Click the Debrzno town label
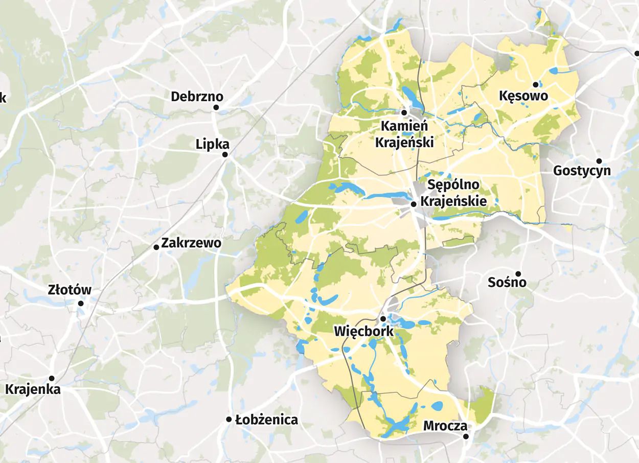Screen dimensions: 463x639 point(197,97)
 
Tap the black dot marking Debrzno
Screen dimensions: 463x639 point(216,107)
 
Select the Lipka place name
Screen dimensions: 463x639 point(213,144)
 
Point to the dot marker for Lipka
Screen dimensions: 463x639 point(225,154)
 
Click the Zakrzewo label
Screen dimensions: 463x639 point(191,243)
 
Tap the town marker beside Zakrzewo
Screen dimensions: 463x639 point(156,247)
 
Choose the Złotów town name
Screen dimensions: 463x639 point(70,290)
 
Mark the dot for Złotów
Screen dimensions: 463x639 point(81,304)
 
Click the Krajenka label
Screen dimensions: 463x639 point(33,389)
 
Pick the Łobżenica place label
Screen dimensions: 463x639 point(266,420)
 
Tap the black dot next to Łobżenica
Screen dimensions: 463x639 point(229,419)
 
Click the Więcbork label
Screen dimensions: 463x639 point(364,331)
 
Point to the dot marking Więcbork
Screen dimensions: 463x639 point(383,319)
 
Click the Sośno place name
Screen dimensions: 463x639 point(507,282)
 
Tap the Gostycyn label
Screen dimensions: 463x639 point(582,171)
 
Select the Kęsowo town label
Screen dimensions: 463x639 point(523,96)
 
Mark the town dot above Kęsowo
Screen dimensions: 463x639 point(536,84)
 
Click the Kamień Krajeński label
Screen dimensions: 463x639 point(404,134)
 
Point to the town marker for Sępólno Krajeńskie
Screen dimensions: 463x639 point(413,204)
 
